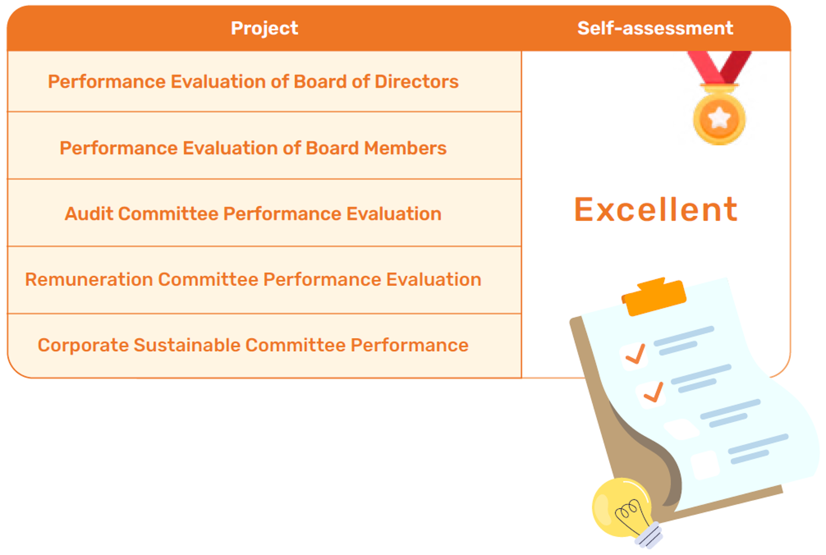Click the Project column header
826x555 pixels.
click(x=264, y=29)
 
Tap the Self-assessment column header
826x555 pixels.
click(x=655, y=28)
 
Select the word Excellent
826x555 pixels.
click(x=656, y=210)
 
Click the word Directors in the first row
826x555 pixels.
click(x=417, y=81)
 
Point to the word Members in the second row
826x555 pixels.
click(x=405, y=148)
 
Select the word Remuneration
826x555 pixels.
click(x=89, y=279)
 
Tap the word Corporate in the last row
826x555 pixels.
click(x=83, y=345)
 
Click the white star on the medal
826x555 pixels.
click(x=719, y=118)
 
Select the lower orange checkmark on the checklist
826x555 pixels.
click(x=654, y=392)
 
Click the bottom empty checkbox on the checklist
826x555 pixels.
click(x=705, y=465)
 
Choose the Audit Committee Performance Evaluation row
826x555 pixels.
click(x=264, y=213)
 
